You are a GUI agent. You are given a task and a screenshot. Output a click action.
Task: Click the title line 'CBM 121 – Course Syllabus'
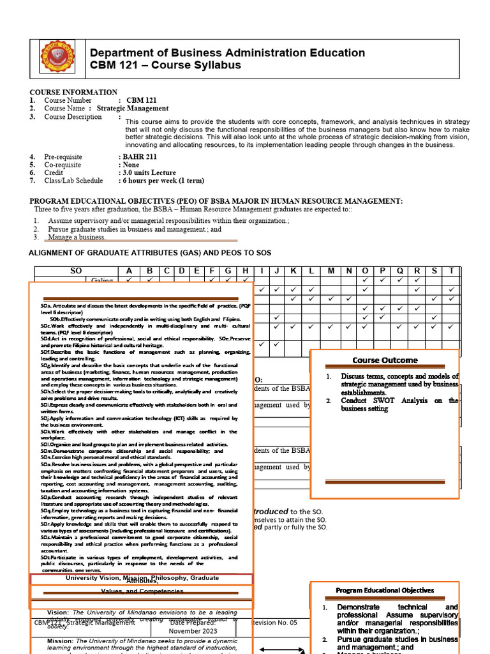(x=165, y=65)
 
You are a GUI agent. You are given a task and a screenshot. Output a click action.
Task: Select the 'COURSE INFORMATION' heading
(x=73, y=93)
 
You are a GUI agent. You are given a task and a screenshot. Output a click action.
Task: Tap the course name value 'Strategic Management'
(x=133, y=109)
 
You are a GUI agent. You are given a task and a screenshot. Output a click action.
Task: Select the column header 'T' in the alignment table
(x=452, y=271)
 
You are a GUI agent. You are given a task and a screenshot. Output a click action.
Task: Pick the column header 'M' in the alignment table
(x=331, y=271)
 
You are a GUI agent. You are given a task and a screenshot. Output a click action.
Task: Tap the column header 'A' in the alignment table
(x=130, y=271)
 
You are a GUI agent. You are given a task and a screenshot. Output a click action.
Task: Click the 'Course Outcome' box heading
(x=385, y=360)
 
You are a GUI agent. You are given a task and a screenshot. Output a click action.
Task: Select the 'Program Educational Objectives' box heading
(x=385, y=590)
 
